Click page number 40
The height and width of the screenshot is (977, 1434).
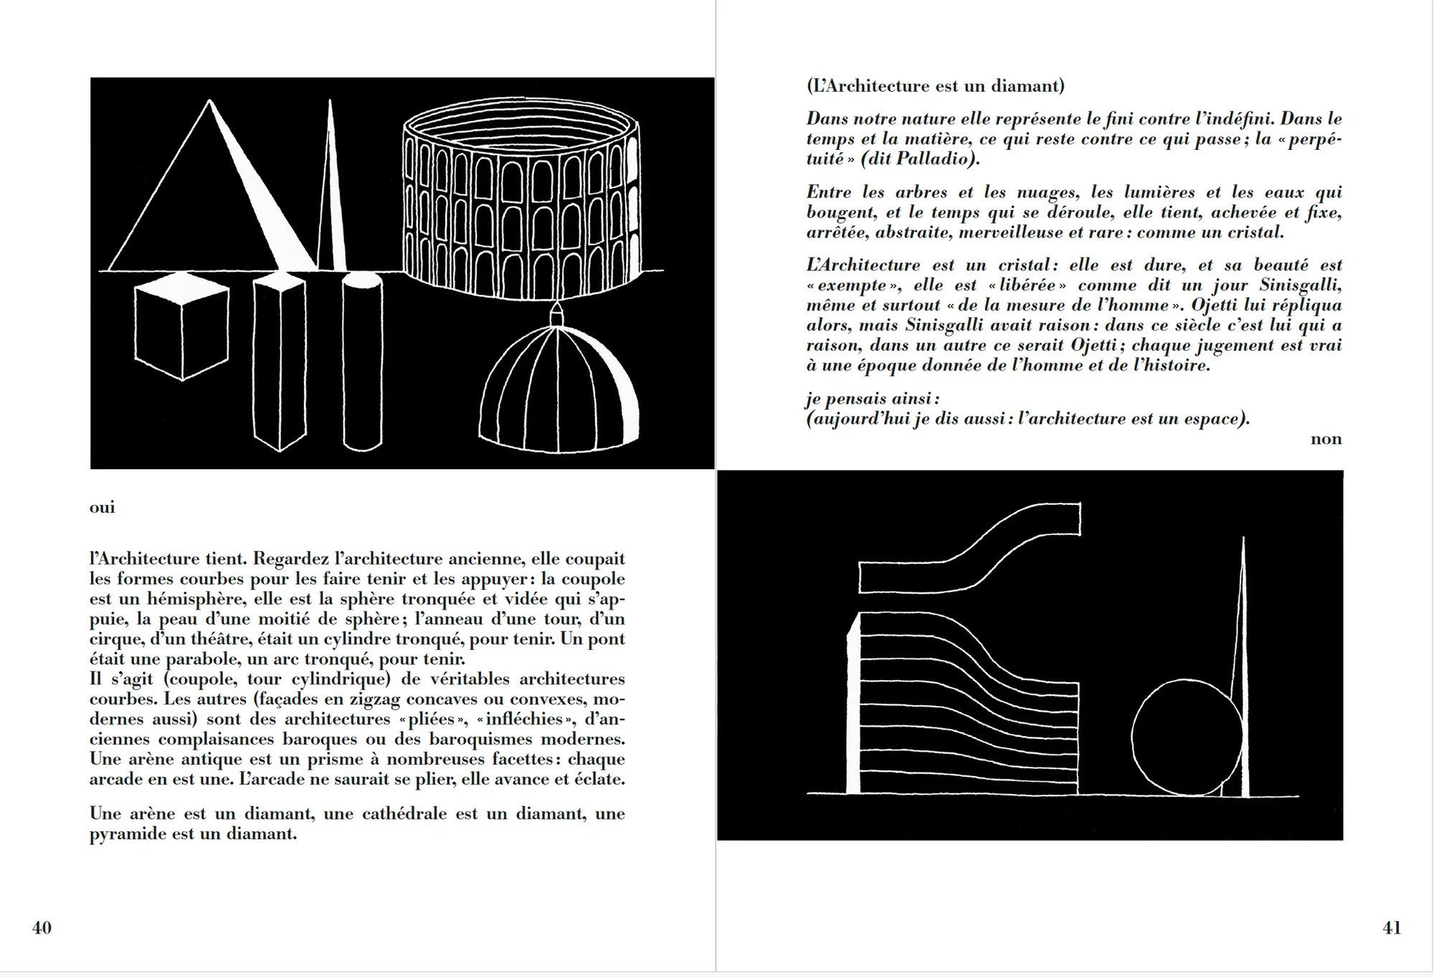42,928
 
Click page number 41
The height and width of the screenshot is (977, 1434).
1391,928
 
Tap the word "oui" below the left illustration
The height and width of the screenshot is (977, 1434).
102,508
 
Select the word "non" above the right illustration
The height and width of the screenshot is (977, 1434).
1326,439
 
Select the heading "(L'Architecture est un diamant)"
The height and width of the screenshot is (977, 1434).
935,86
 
